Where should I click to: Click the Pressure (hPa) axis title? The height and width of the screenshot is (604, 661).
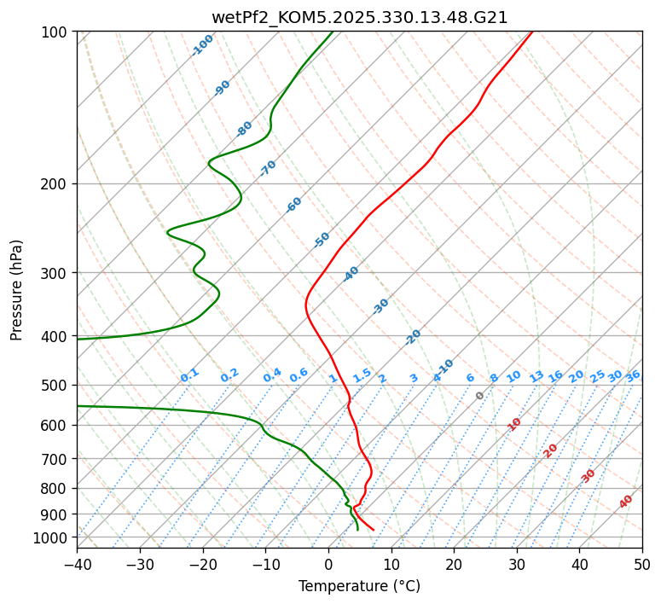point(16,290)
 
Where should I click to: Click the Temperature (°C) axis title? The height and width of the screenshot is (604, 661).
point(359,586)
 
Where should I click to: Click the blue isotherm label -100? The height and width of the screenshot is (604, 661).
point(202,44)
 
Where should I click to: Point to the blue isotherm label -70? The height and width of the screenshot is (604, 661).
point(268,168)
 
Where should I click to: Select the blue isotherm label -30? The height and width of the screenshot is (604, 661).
point(380,306)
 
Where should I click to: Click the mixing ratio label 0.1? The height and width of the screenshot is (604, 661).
point(189,375)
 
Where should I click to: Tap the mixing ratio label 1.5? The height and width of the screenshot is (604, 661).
point(362,375)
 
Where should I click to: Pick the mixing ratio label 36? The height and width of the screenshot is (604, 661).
point(633,375)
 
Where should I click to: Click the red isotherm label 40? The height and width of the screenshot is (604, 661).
point(626,502)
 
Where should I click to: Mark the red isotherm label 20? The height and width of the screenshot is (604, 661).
point(550,450)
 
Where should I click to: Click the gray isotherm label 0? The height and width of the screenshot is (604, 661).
point(480,396)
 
